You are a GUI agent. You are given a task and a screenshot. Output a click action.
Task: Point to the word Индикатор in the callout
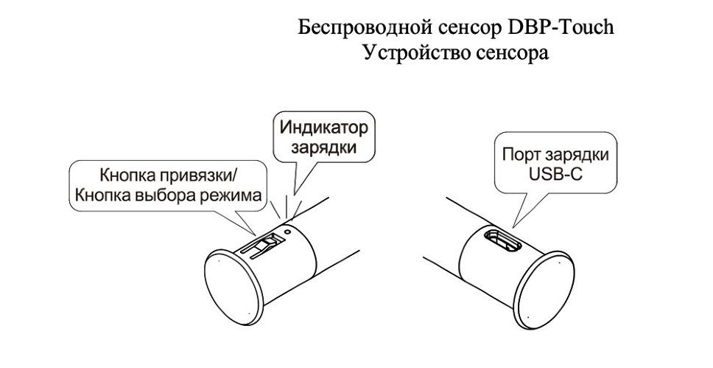click(324, 128)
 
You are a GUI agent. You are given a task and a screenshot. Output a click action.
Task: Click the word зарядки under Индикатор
click(324, 148)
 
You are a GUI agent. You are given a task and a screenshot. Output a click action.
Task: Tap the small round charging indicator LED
click(287, 232)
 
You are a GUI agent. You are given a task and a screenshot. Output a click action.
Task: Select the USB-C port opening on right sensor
click(502, 238)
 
